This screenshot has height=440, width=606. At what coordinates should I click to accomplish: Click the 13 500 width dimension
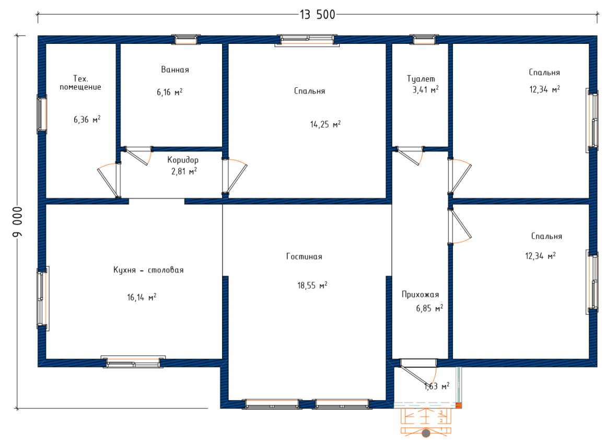tap(317, 15)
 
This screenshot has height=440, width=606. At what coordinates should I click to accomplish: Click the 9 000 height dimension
tap(18, 221)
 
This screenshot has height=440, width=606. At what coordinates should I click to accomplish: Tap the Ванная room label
tap(175, 70)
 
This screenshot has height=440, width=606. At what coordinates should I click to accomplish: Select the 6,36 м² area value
tap(87, 119)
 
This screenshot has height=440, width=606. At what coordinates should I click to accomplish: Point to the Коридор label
tap(183, 160)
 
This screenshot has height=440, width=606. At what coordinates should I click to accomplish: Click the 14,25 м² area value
tap(325, 124)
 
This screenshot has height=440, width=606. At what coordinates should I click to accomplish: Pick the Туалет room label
tap(421, 79)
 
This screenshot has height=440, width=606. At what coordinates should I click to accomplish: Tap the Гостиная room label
tap(304, 257)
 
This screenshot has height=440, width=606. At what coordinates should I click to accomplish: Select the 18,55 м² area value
tap(312, 285)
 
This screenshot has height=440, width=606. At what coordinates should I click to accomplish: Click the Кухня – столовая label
tap(148, 270)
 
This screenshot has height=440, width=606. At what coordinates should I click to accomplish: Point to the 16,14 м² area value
tap(142, 297)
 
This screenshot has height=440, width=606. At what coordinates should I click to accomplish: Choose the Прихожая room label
tap(421, 295)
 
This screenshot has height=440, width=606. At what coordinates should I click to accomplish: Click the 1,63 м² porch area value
tap(437, 386)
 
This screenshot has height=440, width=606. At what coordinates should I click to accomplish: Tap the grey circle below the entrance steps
tap(426, 433)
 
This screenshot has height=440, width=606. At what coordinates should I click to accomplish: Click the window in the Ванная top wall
tap(186, 39)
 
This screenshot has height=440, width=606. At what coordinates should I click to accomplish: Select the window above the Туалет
tap(424, 39)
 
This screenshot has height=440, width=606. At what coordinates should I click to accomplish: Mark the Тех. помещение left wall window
tap(42, 114)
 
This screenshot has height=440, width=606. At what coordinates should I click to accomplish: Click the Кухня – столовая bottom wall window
tap(133, 362)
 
